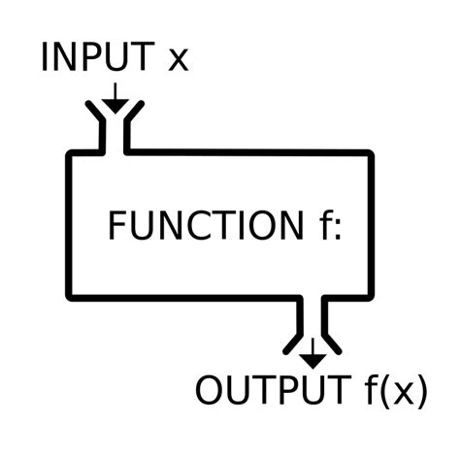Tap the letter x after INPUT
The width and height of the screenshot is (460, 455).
(178, 61)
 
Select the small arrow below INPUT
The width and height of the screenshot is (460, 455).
(114, 98)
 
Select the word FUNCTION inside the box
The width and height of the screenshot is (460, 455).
(205, 226)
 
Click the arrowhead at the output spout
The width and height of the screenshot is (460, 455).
(312, 359)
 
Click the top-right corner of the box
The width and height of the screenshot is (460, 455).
(370, 154)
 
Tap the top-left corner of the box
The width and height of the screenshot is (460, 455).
(69, 154)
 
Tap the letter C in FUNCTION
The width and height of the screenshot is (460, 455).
(205, 226)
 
